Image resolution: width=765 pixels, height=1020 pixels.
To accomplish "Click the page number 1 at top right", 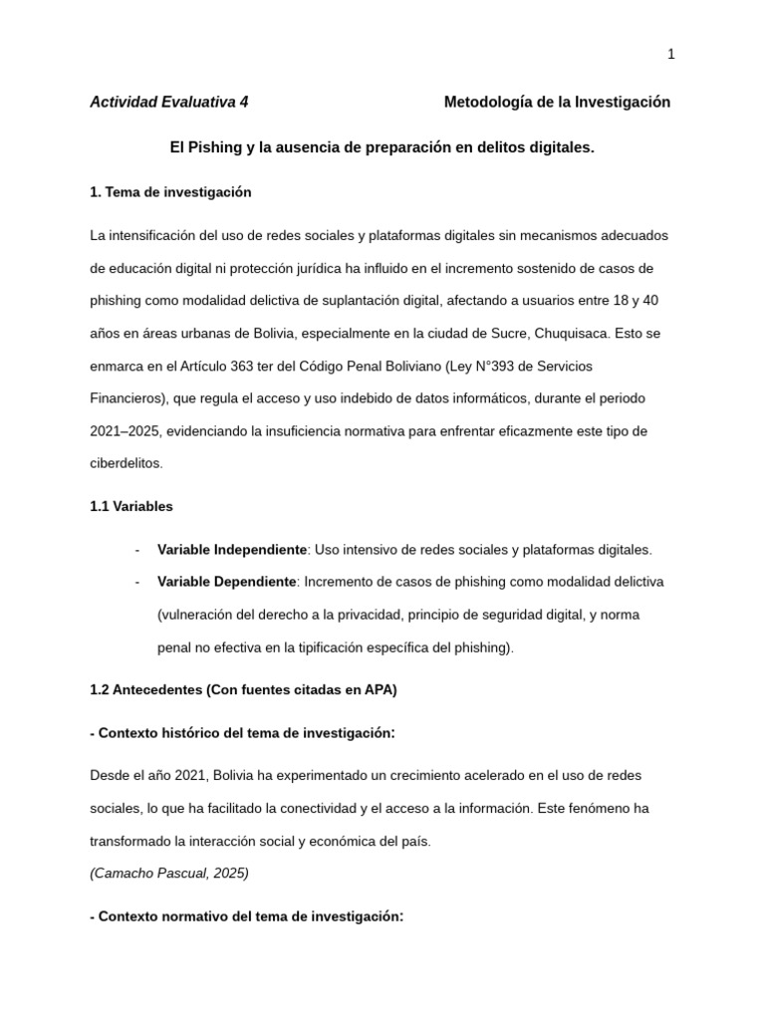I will pos(671,55).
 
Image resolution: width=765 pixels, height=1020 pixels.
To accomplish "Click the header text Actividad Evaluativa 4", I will pos(169,102).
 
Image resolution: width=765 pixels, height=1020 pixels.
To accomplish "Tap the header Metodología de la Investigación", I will pos(557,102).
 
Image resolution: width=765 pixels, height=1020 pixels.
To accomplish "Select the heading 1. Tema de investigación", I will pos(170,191).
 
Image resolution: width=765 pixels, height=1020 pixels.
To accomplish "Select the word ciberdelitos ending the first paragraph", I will pos(125,463).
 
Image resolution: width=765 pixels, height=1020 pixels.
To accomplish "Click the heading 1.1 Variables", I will pos(130,506).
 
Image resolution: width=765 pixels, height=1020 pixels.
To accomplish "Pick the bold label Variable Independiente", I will pos(232,549).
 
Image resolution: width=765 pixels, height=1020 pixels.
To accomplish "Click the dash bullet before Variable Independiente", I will pos(136,549).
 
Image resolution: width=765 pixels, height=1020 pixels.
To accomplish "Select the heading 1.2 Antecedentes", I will pos(243,689).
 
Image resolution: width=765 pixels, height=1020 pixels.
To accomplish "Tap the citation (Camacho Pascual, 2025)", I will pos(168,873).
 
